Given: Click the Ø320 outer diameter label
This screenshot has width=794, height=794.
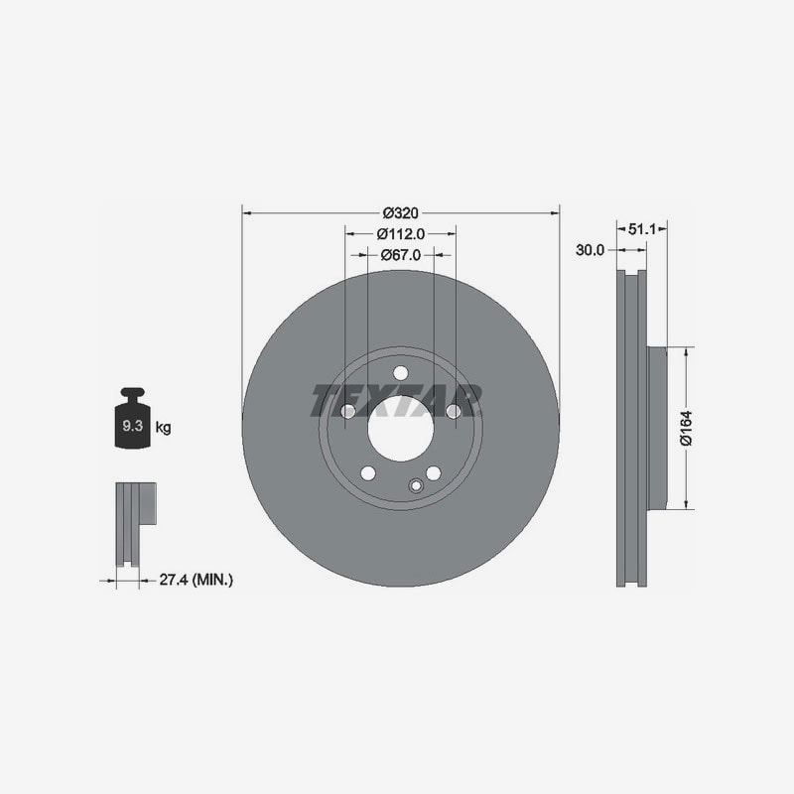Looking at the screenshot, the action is coord(401,213).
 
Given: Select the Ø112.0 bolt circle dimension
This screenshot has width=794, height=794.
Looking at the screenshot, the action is coord(401,234).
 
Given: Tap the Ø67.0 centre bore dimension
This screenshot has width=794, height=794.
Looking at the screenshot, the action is coord(401,255).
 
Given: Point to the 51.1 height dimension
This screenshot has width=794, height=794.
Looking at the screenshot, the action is coord(641,229).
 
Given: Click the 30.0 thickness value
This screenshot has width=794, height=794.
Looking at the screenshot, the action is coord(590,250).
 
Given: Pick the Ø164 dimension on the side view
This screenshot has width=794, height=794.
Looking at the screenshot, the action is coord(686,428).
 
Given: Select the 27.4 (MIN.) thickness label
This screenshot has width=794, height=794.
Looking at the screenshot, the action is coord(197,580).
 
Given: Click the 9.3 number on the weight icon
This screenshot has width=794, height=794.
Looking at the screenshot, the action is coord(133,426).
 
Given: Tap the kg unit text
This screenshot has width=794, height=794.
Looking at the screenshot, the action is coord(163,428).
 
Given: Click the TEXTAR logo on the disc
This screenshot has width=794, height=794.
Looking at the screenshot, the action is coord(396,400).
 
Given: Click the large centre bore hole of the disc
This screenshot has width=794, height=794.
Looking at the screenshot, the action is coord(401,429).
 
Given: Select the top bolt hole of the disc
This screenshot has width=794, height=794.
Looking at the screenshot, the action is coord(401,373).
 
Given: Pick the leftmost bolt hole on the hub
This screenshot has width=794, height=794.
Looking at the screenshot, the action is coord(348,411).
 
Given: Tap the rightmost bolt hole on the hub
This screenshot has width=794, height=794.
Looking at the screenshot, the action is coord(454,411).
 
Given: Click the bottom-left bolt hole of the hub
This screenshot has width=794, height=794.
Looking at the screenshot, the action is coord(368,473).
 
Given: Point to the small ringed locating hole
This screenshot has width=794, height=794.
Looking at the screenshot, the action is coord(416,486).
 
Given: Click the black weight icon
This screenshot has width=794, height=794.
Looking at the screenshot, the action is coord(133,418).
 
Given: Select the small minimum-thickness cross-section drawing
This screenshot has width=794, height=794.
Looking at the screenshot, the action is coord(136,524).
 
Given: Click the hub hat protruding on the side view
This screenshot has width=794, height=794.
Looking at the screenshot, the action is coord(657,428).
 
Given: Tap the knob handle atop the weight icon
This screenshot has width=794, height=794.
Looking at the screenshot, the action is coord(133,393).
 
